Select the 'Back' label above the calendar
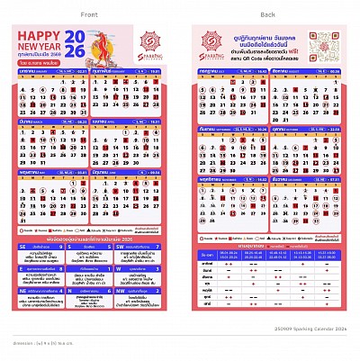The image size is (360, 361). click(268, 15)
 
